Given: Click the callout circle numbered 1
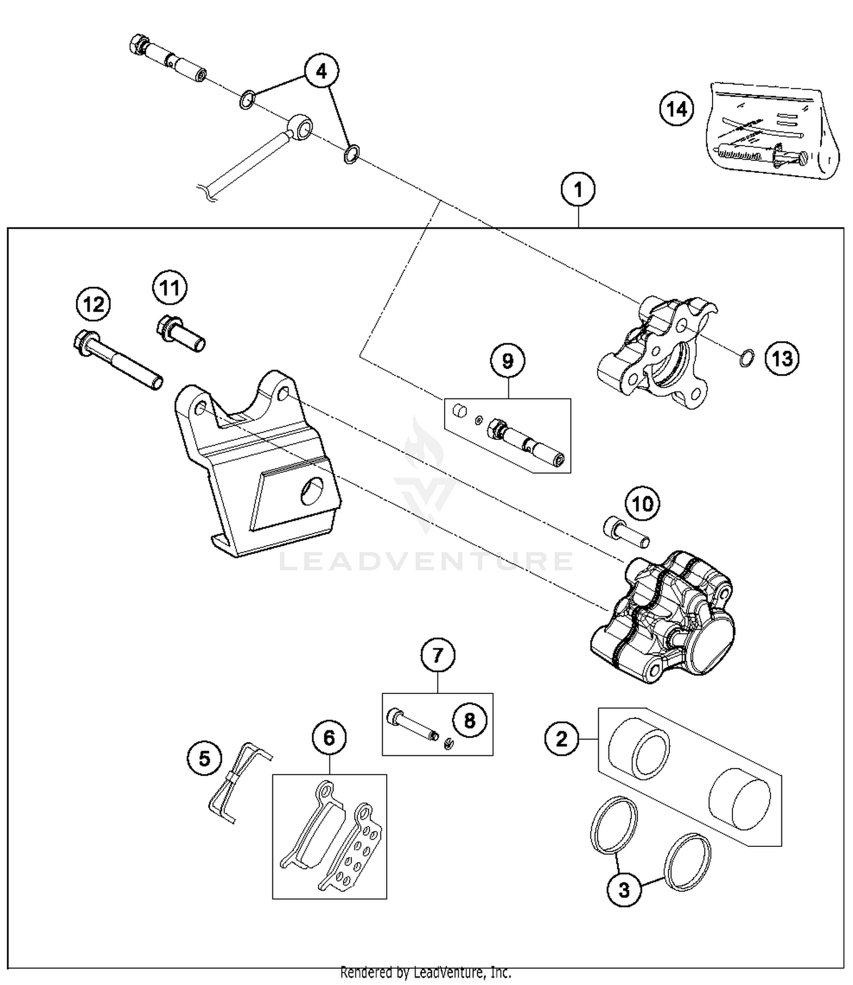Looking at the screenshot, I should click(578, 190).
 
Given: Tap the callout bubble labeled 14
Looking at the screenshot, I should click(677, 109).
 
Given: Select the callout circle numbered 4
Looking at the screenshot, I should click(321, 72).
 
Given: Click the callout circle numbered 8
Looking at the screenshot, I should click(469, 721).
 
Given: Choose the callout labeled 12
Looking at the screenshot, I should click(93, 305).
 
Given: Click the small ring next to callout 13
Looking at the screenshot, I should click(747, 358).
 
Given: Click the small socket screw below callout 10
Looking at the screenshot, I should click(626, 533).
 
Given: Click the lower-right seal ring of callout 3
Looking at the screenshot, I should click(688, 862).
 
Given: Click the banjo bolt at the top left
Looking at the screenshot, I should click(168, 59).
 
